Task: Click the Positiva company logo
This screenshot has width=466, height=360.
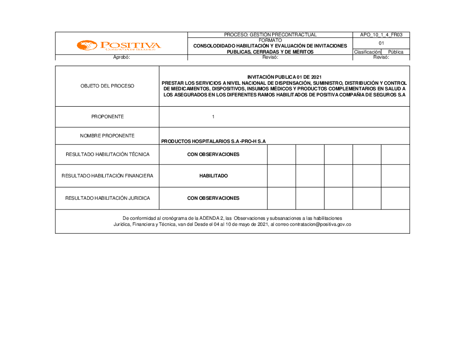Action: [119, 46]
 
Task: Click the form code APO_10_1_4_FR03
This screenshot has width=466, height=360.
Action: [381, 35]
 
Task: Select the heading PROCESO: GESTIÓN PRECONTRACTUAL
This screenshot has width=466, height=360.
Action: [270, 35]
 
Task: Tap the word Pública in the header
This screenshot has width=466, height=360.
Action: [396, 52]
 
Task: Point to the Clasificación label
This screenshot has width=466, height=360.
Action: [367, 52]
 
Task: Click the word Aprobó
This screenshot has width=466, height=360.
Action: [121, 58]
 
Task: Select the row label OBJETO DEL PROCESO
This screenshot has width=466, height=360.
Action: [107, 86]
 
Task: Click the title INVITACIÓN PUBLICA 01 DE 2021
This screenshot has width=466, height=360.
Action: [284, 77]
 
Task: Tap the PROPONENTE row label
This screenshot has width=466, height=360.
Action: [107, 117]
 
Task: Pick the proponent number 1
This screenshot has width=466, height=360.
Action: [213, 117]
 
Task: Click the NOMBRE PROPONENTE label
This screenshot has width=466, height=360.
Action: [107, 136]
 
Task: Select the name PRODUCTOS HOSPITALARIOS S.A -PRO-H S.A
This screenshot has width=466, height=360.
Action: [213, 141]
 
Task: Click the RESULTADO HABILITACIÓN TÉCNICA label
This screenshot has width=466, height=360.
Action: [107, 155]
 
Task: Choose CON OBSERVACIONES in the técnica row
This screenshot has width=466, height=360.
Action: [213, 155]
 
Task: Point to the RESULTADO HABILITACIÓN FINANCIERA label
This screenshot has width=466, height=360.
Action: [107, 176]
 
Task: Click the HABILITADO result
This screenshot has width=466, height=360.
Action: [213, 176]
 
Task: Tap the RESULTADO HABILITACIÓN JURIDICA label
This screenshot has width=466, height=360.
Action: [107, 198]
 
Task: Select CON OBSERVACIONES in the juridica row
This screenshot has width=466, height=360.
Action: [213, 198]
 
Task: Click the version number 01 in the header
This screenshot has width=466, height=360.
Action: [381, 43]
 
